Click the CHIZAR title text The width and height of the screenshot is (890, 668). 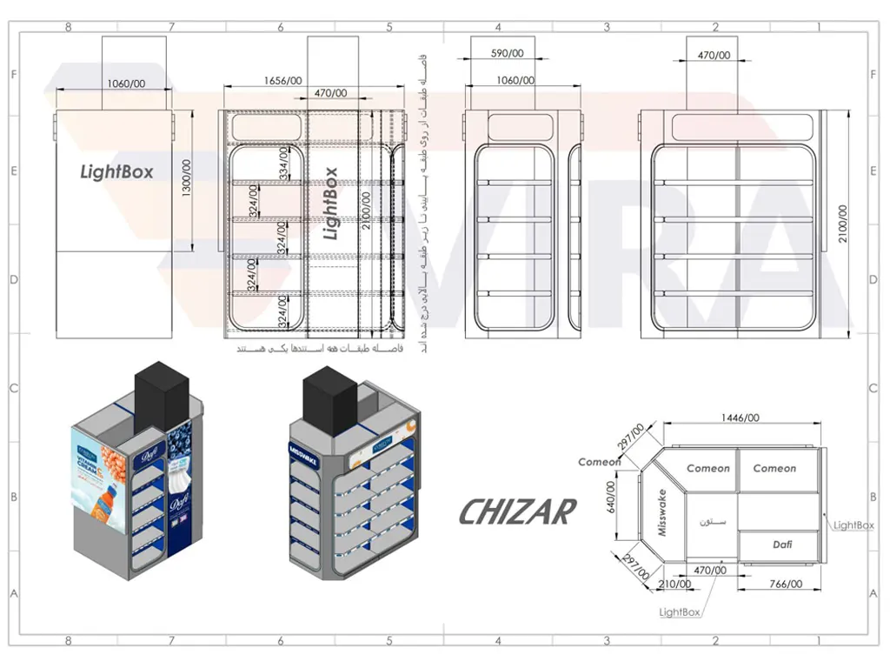[x=517, y=512]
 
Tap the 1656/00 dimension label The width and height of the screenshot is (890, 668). [x=284, y=81]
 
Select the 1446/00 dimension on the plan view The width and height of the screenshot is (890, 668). [x=740, y=417]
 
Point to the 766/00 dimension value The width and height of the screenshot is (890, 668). [x=785, y=584]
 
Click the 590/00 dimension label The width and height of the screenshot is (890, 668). [x=507, y=54]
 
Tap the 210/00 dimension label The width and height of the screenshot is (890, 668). [x=675, y=584]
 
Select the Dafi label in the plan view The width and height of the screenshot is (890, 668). [x=782, y=544]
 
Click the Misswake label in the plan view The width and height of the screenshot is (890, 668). [x=662, y=512]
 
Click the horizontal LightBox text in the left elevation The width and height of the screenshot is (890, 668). [x=116, y=171]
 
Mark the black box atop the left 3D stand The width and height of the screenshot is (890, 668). [x=162, y=397]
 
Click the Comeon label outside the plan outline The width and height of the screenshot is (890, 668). [x=600, y=462]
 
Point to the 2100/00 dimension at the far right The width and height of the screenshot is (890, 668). [x=843, y=224]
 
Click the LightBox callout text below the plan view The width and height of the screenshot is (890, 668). [x=680, y=612]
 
